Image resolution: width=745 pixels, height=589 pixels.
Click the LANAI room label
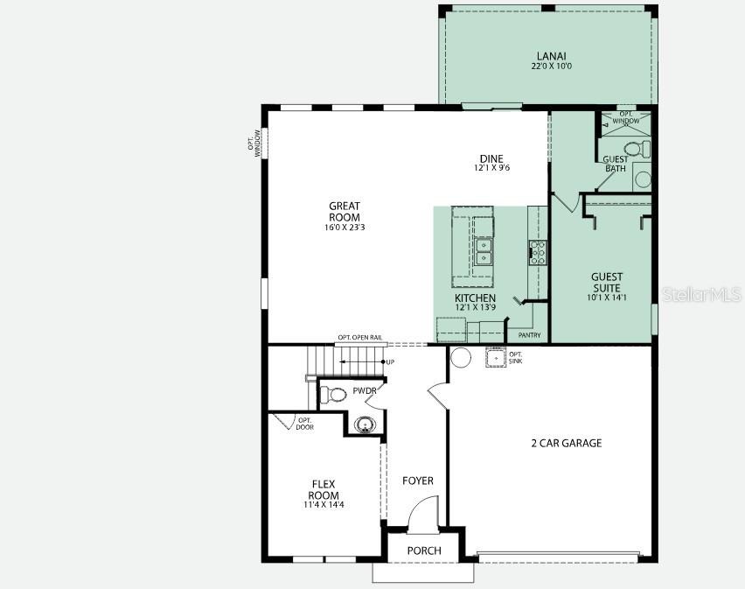(x=547, y=55)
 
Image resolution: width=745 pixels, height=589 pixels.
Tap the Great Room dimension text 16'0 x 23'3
(x=344, y=228)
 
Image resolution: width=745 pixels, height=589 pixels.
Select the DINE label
(x=491, y=158)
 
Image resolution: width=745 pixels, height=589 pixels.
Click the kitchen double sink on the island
(x=483, y=249)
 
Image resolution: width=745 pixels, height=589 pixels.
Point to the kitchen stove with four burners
(x=537, y=252)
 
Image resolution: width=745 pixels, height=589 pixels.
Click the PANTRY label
(x=529, y=335)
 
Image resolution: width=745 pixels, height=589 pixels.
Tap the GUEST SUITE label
(x=606, y=282)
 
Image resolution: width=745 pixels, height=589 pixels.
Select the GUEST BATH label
(x=616, y=164)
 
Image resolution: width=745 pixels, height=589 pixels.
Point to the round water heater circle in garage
(x=460, y=356)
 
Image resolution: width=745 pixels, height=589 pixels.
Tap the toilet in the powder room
(x=333, y=394)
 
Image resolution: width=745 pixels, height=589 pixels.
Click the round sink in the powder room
(x=363, y=425)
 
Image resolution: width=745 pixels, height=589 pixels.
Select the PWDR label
(x=364, y=391)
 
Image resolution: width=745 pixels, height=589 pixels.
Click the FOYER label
(x=417, y=480)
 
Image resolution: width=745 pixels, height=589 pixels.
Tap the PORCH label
(x=423, y=550)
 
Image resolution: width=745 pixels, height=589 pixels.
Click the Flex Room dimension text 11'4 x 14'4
(x=324, y=505)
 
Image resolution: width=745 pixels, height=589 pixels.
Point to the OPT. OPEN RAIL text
(x=359, y=338)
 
